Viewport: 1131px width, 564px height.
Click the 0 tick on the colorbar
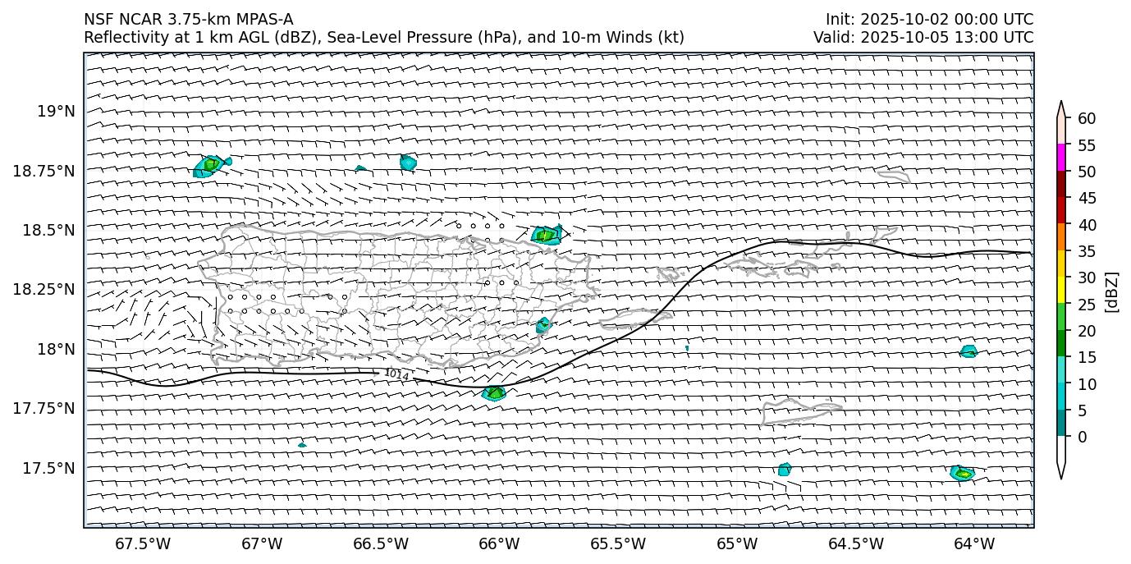point(1083,437)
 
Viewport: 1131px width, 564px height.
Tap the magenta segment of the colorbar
point(1062,158)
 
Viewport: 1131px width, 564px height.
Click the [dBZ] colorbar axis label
point(1113,291)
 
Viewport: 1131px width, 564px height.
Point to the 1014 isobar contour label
point(396,374)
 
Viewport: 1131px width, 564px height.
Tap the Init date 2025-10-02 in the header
point(899,20)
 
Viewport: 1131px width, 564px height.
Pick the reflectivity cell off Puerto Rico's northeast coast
point(546,235)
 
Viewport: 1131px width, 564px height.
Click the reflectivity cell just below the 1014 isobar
point(494,393)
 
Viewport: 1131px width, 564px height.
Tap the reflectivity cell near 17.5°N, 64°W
point(962,473)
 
